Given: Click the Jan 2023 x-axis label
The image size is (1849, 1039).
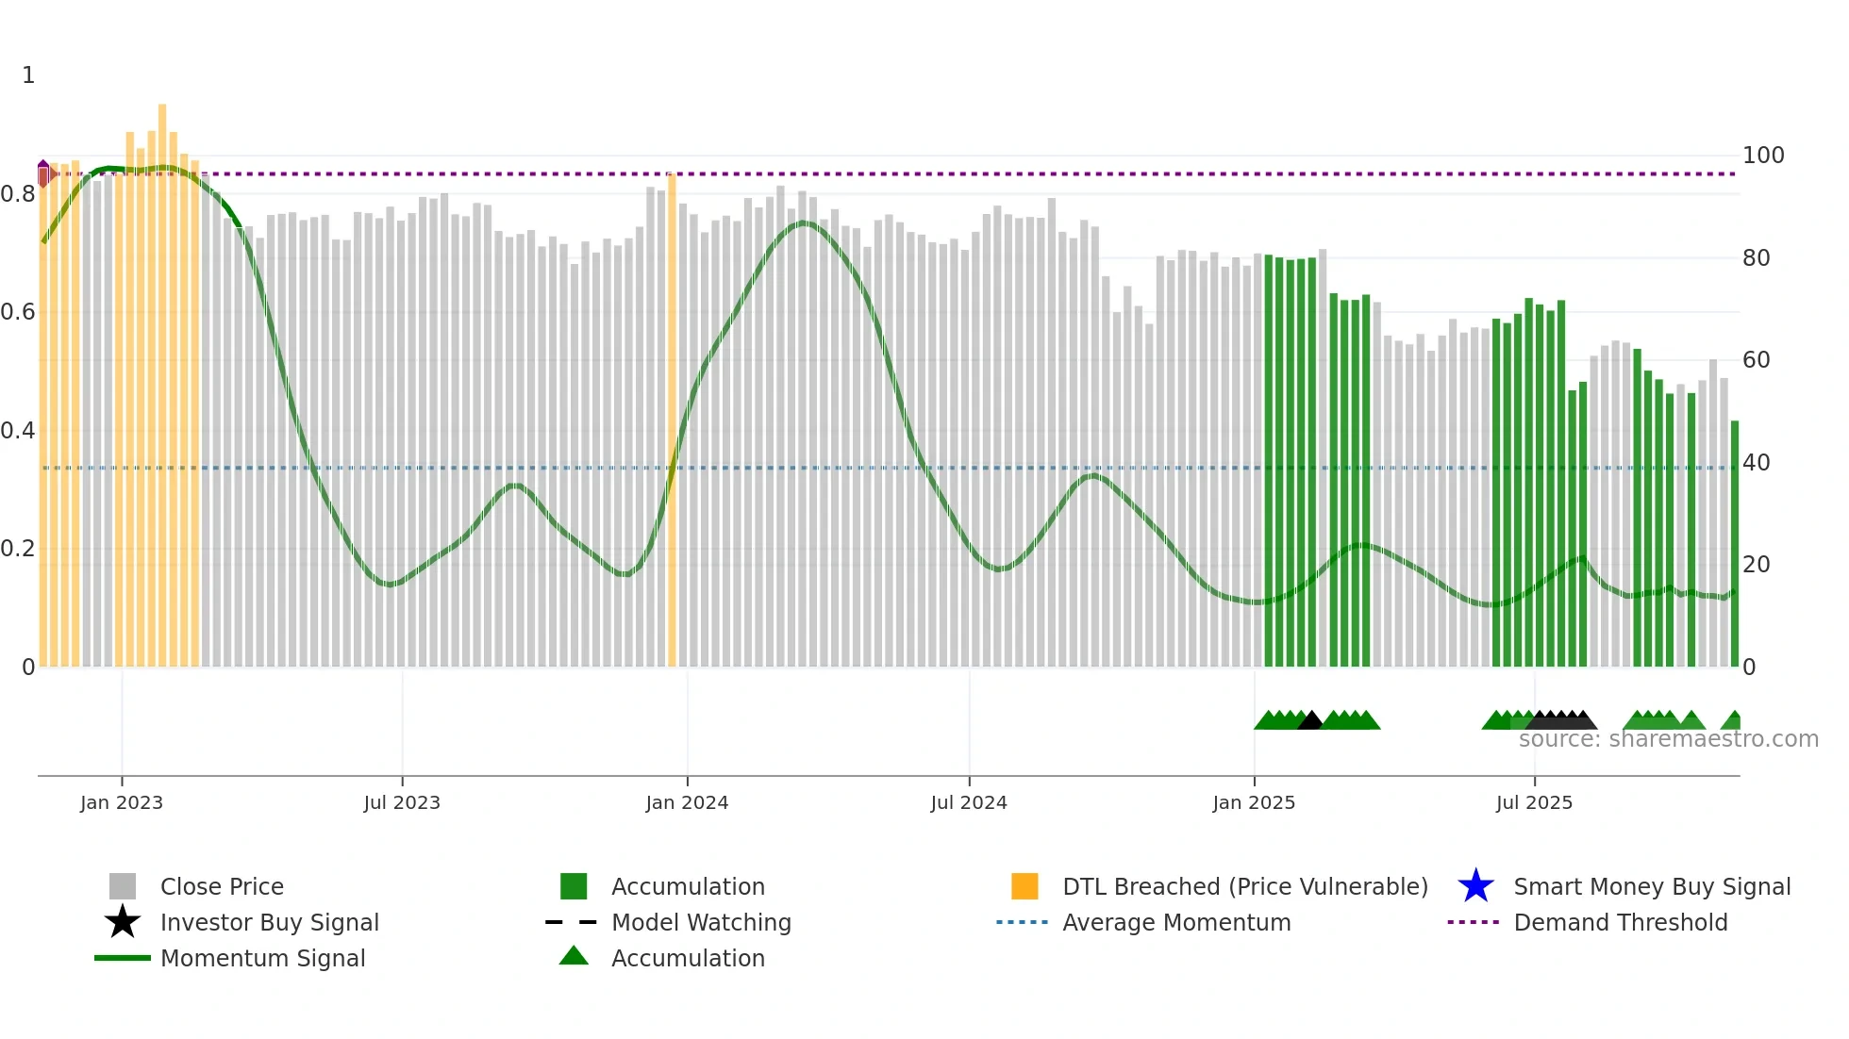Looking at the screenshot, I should pos(122,802).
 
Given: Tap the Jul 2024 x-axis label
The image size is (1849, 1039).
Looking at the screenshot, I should pos(969,802).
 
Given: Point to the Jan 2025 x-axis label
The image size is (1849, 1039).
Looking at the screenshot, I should pos(1254,802).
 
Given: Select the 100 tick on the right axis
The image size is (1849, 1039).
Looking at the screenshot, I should pos(1763,155).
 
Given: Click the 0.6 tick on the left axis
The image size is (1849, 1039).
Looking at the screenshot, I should pos(18,311).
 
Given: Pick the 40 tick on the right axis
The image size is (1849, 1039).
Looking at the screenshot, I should pos(1757,462).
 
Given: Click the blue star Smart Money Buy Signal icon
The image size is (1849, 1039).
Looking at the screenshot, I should pos(1475,886).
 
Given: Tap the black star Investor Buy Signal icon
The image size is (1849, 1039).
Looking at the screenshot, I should pos(123,922).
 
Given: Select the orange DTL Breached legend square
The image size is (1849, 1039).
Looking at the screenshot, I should pos(1024,886).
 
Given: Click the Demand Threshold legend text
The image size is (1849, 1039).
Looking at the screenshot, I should pos(1620,922).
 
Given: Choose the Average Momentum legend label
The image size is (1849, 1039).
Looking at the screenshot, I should pos(1176,922).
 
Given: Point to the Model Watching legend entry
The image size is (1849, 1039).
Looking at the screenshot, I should pos(701,922).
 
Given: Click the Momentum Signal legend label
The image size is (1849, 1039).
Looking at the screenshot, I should pos(262,958).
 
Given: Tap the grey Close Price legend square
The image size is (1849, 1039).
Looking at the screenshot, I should pos(123,886).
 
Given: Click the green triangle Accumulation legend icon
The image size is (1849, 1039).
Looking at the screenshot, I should pos(574,956).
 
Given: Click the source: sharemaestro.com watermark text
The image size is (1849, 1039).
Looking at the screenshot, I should pos(1668,739).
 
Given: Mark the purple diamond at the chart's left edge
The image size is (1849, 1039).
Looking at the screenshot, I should pos(43,173).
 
